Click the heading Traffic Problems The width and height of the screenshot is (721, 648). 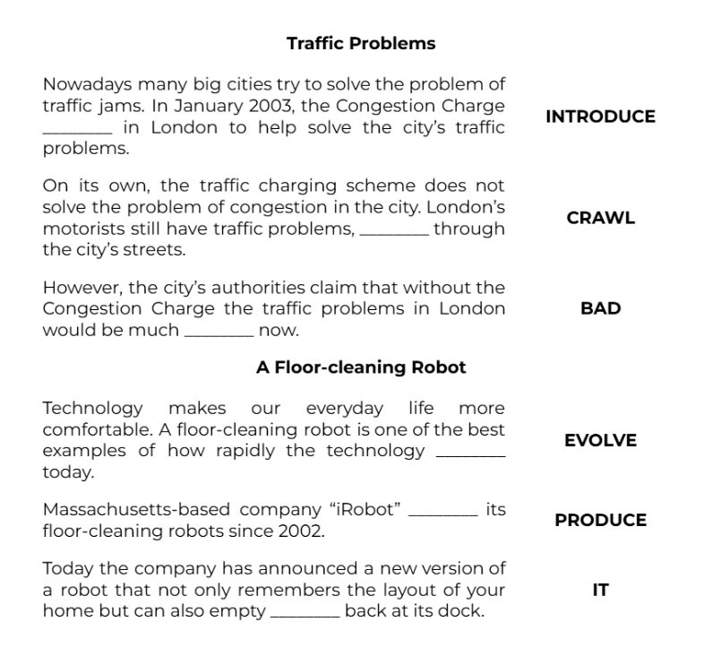click(x=360, y=43)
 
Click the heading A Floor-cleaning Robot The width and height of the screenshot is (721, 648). click(x=360, y=367)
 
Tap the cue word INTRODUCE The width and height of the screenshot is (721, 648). click(x=600, y=117)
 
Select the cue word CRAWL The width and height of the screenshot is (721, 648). click(x=600, y=218)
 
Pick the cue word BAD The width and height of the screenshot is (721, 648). click(x=600, y=308)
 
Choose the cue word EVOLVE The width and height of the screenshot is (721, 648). click(x=600, y=440)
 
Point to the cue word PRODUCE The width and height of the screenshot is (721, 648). click(x=600, y=520)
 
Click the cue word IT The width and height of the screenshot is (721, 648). click(x=600, y=590)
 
